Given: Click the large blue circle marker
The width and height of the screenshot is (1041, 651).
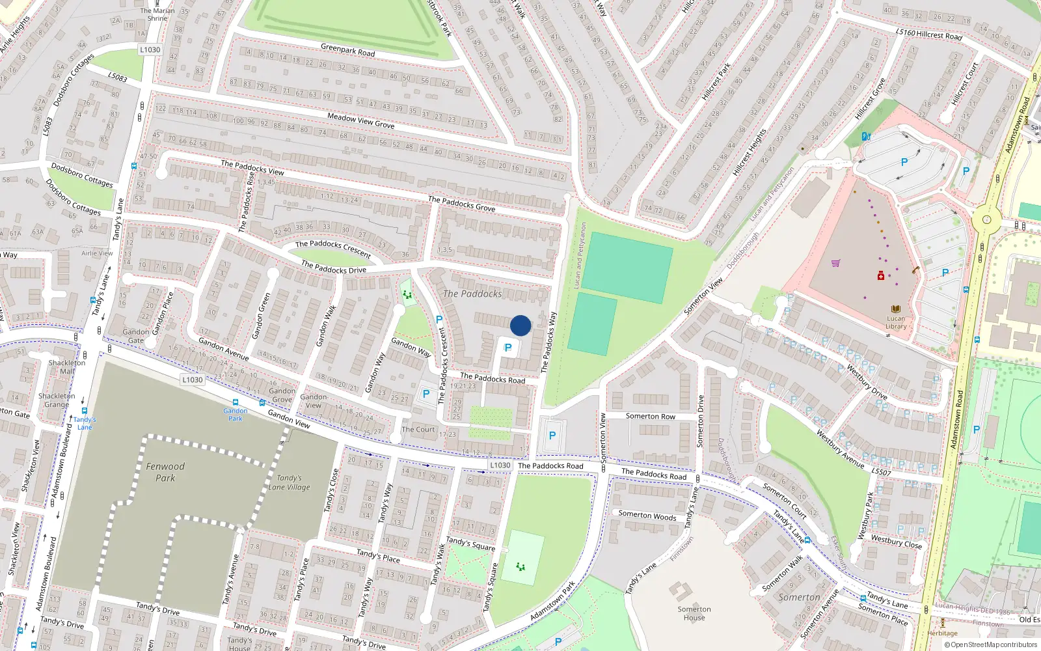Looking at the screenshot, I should point(520,325).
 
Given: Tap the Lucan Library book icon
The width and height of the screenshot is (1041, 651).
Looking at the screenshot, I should point(896,309).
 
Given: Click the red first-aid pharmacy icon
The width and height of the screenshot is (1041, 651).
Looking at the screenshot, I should point(881,276).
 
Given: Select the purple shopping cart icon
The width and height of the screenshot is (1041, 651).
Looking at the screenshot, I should point(835,263).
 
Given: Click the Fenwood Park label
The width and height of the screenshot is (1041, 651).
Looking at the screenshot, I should point(165,472).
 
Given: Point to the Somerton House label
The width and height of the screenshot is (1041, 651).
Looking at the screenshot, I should point(694,613).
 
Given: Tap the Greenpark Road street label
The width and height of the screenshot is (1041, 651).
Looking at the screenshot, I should point(347,49).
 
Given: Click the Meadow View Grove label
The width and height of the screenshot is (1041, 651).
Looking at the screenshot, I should point(360,120).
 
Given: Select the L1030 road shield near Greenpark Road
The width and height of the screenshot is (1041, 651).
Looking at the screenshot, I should point(150,49).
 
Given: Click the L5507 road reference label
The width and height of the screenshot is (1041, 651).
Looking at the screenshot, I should point(881,471).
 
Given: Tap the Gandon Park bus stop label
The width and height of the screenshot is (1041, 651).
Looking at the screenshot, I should point(235,414).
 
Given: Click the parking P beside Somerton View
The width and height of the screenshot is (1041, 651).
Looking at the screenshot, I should point(552,436).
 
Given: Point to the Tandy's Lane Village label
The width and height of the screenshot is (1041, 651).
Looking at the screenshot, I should point(289,482).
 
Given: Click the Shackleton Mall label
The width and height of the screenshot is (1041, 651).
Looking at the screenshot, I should point(66,367).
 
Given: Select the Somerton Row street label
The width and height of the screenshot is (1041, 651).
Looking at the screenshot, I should point(650,417).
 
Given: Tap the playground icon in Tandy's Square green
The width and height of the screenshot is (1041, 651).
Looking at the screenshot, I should point(520,567).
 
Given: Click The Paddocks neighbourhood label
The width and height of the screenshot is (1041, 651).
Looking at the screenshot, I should point(472,294).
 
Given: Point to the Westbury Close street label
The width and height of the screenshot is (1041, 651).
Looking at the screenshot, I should point(897,542).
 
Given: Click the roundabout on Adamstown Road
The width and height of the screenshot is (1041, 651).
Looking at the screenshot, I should point(986,220).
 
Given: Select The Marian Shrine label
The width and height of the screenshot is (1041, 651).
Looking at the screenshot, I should point(157,14).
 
